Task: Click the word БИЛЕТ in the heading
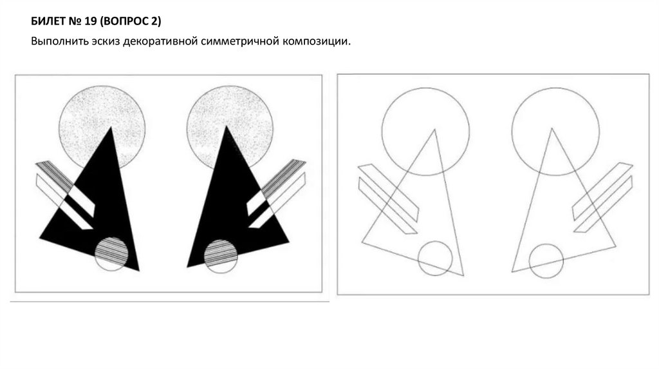(x=48, y=21)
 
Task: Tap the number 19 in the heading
(x=91, y=21)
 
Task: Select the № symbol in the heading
(x=75, y=21)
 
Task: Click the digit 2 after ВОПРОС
(x=154, y=21)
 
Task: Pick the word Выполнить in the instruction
(x=59, y=42)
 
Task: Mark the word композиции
(x=315, y=42)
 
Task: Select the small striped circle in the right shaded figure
(x=221, y=256)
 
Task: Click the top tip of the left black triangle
(x=111, y=127)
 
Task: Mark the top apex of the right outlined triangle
(x=552, y=128)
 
